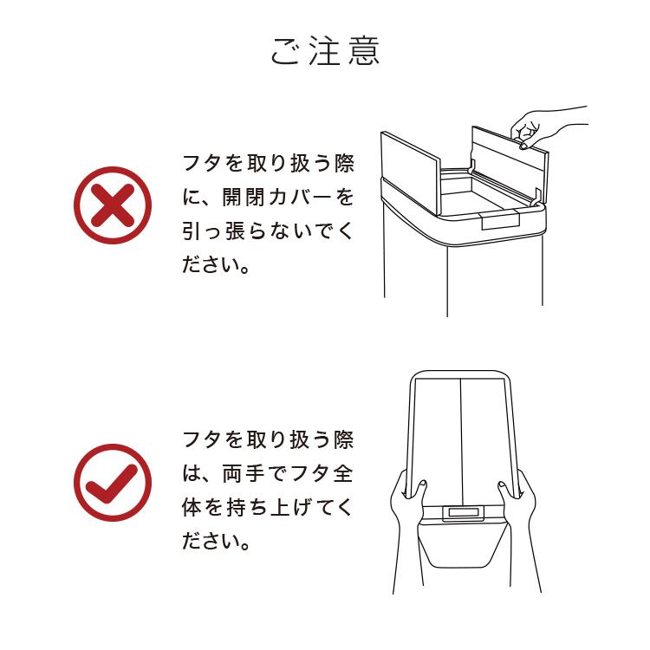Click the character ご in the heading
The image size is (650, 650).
287,52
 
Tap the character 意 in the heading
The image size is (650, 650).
362,51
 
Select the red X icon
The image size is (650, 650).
113,206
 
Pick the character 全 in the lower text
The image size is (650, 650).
342,475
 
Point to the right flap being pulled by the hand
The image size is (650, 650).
507,160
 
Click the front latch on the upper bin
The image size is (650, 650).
500,220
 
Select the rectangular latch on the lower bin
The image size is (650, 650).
463,513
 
